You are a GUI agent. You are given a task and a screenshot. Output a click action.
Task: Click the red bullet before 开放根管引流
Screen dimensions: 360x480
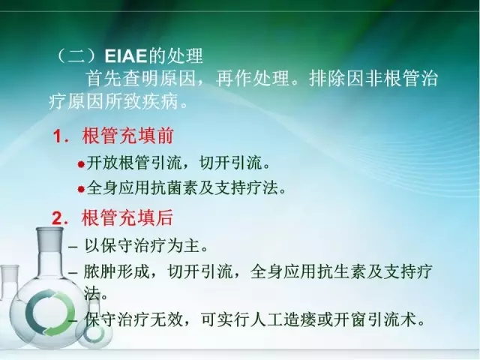[x=82, y=163]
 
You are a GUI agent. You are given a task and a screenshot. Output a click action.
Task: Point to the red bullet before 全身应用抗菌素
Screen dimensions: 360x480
[x=82, y=188]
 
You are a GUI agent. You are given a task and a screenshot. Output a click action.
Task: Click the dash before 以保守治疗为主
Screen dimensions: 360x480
[x=72, y=246]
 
